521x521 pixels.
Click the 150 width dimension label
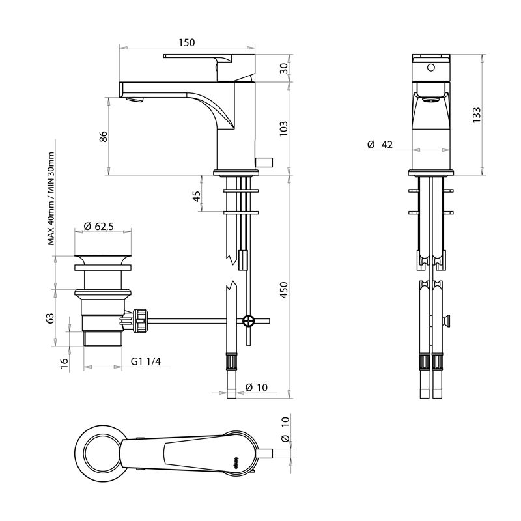pos(186,43)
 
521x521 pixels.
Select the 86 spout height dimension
pos(102,137)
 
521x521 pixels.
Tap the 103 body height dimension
pos(283,128)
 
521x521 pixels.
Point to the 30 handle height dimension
pos(283,68)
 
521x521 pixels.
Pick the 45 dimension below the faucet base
pos(197,196)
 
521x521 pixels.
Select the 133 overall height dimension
pos(477,114)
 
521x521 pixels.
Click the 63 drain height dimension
pos(50,318)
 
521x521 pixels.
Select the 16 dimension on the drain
pos(64,363)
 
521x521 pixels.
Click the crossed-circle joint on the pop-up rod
pos(247,320)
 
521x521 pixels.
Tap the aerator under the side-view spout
pos(135,99)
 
